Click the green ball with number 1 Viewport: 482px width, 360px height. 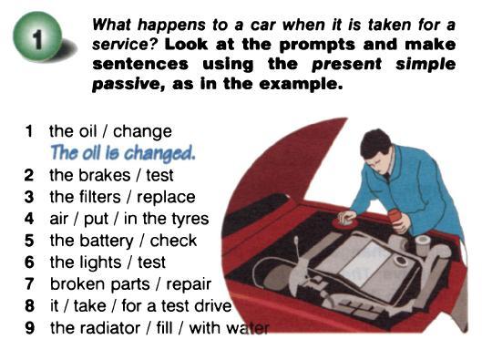tap(36, 36)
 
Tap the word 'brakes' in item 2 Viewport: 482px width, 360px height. tap(105, 175)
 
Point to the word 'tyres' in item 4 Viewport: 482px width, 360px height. tap(190, 220)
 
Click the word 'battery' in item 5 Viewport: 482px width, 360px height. tap(107, 241)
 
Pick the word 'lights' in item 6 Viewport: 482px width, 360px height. tap(100, 262)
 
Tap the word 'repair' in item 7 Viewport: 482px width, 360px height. tap(189, 285)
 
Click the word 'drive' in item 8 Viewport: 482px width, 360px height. tap(212, 306)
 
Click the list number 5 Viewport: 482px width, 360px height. tap(29, 241)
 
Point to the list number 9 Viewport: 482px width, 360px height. tap(29, 328)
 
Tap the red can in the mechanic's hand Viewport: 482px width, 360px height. tap(395, 218)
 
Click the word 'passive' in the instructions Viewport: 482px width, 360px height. tap(128, 84)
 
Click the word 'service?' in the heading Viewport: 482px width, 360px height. tap(125, 45)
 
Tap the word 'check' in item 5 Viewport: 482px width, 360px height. tap(173, 241)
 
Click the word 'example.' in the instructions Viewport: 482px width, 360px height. tap(301, 84)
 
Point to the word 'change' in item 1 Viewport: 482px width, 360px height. tap(142, 132)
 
